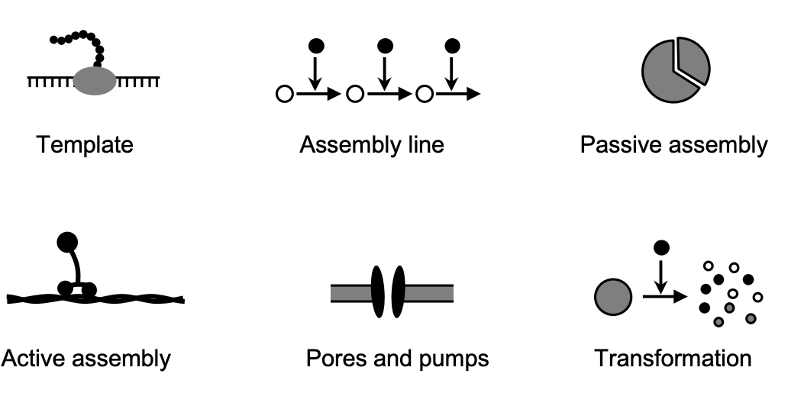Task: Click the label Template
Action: coord(85,144)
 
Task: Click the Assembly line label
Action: coord(371,144)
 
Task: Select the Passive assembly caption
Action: coord(673,144)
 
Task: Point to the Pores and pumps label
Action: coord(397,357)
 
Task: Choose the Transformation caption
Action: coord(673,357)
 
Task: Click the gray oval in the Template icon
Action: coord(95,80)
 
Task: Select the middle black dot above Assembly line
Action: coord(386,46)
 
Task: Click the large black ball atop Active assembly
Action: coord(67,242)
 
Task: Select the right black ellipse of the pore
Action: coord(397,292)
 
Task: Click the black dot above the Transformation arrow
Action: coord(662,247)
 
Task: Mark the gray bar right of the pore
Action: coord(428,293)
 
